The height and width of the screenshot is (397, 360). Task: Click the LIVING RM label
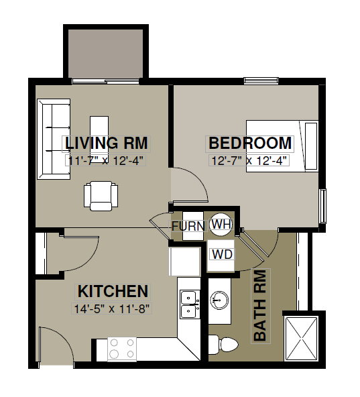(107, 144)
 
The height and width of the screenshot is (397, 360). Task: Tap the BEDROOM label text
(250, 144)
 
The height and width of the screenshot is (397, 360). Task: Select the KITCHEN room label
(113, 292)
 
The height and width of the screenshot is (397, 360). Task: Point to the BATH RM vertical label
(261, 306)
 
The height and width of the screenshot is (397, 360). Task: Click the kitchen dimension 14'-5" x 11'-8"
(112, 309)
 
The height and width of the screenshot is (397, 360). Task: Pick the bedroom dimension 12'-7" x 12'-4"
(249, 161)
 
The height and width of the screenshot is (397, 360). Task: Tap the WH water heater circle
(221, 224)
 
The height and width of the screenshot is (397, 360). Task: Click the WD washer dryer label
(223, 254)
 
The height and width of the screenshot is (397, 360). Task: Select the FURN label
(188, 226)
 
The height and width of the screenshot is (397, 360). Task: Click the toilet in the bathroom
(223, 345)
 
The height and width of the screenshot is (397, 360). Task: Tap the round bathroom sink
(219, 300)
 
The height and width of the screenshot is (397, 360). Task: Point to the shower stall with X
(301, 339)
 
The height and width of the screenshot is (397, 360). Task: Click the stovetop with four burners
(122, 349)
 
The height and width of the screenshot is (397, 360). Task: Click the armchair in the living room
(101, 196)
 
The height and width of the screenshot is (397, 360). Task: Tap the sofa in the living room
(54, 139)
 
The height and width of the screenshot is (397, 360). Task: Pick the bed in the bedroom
(282, 146)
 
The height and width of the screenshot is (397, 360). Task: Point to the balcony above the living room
(105, 53)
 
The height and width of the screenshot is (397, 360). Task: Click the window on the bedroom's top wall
(261, 80)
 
